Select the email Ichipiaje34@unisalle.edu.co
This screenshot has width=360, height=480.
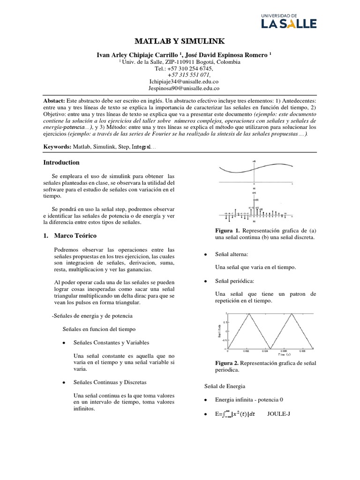(x=180, y=81)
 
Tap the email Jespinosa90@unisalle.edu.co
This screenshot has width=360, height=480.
(x=180, y=88)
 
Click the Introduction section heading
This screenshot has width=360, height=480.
(x=61, y=163)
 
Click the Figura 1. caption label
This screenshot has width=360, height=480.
(x=227, y=231)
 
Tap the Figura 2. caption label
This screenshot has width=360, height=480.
(x=227, y=363)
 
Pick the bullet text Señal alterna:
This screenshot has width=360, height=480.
(x=232, y=254)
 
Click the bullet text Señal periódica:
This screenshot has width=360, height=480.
(x=234, y=280)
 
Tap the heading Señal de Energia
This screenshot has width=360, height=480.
(x=225, y=386)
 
